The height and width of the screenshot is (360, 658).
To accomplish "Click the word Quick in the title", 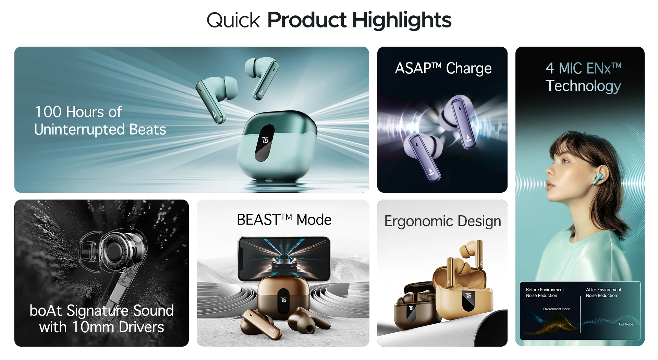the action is [233, 21].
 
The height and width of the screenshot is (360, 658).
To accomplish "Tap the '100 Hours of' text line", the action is [78, 112].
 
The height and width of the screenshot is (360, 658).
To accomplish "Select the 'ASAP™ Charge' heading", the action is [443, 68].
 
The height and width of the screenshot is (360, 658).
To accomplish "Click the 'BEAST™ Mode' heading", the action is [284, 220].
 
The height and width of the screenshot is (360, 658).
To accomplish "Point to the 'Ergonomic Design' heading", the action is [443, 221].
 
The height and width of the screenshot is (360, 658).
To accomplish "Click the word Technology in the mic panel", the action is [583, 86].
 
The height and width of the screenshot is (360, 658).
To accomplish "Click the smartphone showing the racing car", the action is [284, 259].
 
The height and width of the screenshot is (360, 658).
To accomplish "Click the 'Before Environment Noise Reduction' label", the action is [545, 292].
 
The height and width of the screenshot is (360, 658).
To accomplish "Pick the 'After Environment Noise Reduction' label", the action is [604, 292].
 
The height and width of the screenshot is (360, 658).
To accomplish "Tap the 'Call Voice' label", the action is [626, 324].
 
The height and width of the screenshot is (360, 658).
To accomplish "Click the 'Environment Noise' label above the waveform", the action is [557, 309].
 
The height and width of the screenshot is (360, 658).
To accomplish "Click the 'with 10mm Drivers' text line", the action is [101, 327].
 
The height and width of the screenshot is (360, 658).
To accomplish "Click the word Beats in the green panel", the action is [147, 130].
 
